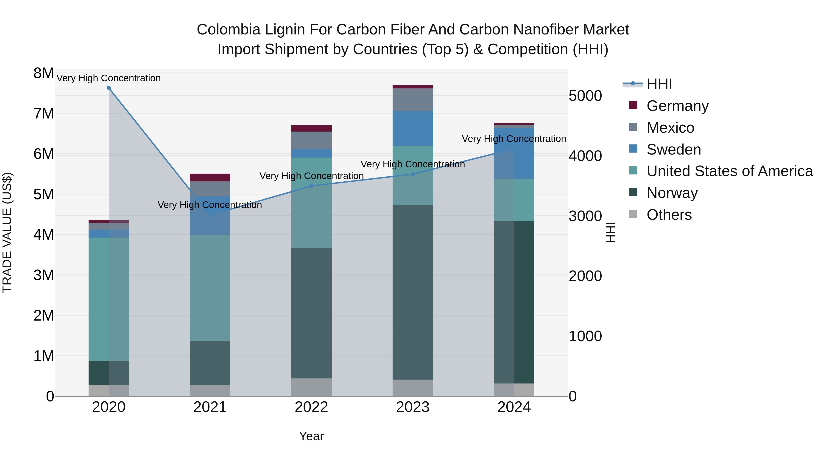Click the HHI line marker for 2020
[x=109, y=88]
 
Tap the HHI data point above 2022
[x=311, y=186]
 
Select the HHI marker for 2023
[x=413, y=174]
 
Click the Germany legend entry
[x=677, y=106]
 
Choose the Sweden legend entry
[x=673, y=149]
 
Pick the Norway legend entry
[x=672, y=193]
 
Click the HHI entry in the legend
[x=659, y=84]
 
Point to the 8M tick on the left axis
[x=44, y=73]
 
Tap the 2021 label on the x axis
[x=210, y=407]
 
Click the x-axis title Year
[x=311, y=436]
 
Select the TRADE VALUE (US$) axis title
[x=7, y=232]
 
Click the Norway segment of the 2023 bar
[x=413, y=292]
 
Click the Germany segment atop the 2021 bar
[x=210, y=178]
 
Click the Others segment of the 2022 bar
[x=311, y=387]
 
